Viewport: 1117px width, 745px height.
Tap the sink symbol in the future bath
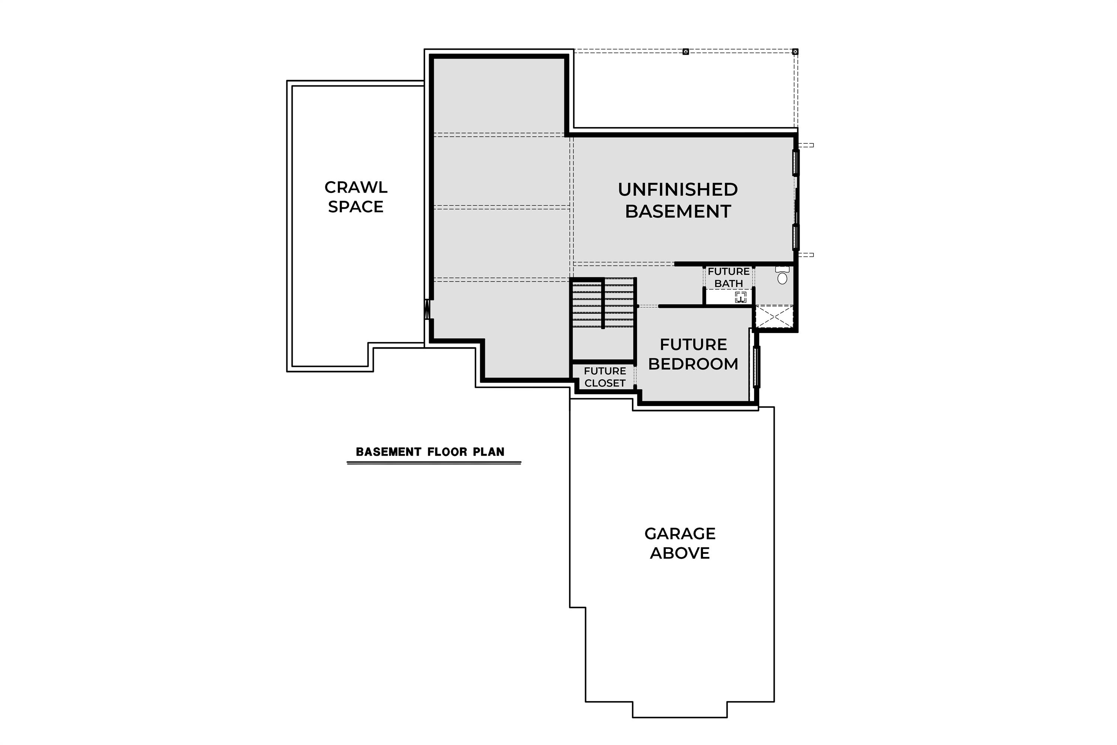coord(741,297)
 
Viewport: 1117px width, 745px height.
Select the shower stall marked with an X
coord(774,317)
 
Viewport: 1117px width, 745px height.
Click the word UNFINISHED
coord(678,190)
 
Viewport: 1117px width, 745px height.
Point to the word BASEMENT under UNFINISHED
coord(678,212)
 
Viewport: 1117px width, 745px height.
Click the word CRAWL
coord(356,187)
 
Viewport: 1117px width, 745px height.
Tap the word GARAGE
coord(680,533)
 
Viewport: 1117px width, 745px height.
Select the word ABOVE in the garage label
coord(680,553)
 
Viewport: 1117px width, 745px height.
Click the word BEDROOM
coord(693,364)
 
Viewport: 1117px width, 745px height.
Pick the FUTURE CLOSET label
coord(605,377)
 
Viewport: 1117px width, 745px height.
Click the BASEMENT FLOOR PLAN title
coord(430,452)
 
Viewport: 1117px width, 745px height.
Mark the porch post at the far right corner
coord(795,52)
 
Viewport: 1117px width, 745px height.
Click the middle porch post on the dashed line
coord(685,52)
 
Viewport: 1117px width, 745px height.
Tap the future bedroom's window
coord(757,367)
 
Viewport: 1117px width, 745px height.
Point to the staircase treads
coord(603,304)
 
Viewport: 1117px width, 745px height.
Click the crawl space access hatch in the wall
coord(427,309)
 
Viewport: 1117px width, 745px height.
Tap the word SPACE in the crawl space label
coord(356,207)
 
